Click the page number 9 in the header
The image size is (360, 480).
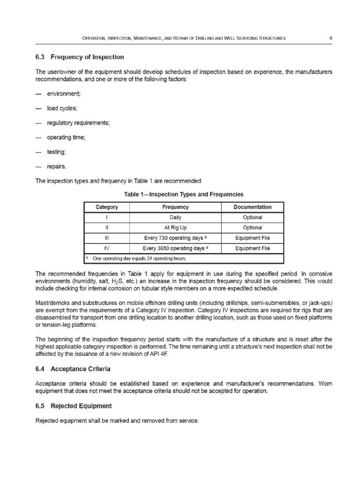pyautogui.click(x=331, y=37)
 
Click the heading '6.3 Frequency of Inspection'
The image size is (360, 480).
pyautogui.click(x=80, y=57)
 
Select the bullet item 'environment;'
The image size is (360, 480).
pyautogui.click(x=63, y=94)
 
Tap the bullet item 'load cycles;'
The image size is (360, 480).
pyautogui.click(x=62, y=108)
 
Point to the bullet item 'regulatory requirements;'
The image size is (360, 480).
pyautogui.click(x=78, y=123)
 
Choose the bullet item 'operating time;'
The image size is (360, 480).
pyautogui.click(x=66, y=137)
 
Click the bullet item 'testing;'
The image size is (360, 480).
pyautogui.click(x=56, y=152)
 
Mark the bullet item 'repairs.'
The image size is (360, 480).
pyautogui.click(x=57, y=166)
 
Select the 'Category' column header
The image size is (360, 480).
pyautogui.click(x=107, y=207)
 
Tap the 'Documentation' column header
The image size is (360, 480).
pyautogui.click(x=252, y=207)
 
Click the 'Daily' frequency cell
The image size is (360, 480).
pyautogui.click(x=175, y=217)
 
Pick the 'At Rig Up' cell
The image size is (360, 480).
pyautogui.click(x=175, y=228)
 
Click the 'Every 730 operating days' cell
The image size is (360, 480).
pyautogui.click(x=175, y=238)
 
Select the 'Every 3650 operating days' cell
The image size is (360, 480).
pyautogui.click(x=175, y=248)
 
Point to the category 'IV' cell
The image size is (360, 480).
pyautogui.click(x=107, y=248)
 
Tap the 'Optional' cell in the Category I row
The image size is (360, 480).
pyautogui.click(x=252, y=217)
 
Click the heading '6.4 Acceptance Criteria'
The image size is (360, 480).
pyautogui.click(x=73, y=369)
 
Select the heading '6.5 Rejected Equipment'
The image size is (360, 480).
pyautogui.click(x=74, y=405)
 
